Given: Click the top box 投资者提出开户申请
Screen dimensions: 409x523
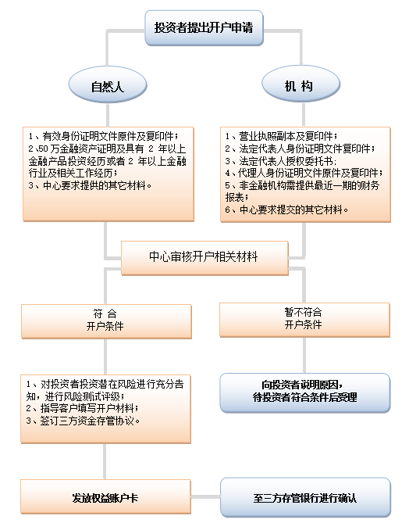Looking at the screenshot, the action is pos(204,27).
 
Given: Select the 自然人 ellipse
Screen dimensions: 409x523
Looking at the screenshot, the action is pos(108,84).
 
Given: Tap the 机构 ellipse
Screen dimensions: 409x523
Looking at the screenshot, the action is pos(301,84).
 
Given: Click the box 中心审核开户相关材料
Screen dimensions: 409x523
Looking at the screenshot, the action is pos(204,258).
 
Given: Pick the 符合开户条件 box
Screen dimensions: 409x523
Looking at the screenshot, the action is pos(106,321).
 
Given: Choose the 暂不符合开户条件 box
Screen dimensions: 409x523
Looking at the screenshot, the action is pos(304,320).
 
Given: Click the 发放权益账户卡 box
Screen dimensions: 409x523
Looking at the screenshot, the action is pos(105,497).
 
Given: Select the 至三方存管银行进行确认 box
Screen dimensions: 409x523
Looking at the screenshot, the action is pos(305,497).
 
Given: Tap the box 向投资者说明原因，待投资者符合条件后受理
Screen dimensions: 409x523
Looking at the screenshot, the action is pos(304,393).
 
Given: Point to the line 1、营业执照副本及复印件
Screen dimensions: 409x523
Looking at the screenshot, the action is pos(281,136).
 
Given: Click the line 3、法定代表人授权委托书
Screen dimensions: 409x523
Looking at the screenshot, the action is pos(281,161).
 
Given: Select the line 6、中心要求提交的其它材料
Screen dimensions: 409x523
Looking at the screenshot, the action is pos(286,210).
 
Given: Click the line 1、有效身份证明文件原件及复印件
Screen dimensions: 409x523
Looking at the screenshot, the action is pos(103,136).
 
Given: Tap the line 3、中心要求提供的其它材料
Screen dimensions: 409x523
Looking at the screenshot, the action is pos(90,185).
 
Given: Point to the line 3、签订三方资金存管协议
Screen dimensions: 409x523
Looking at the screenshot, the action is pos(83,421).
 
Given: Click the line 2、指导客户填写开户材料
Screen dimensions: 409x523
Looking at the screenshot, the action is pos(83,408).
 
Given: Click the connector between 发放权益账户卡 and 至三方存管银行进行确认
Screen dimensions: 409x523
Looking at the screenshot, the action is pos(205,497).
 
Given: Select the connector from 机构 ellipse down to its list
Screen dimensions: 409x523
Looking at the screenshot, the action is pos(304,114).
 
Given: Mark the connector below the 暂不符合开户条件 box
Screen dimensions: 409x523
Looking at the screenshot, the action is pos(304,355).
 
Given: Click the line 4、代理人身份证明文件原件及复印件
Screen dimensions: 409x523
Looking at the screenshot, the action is pos(304,173).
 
